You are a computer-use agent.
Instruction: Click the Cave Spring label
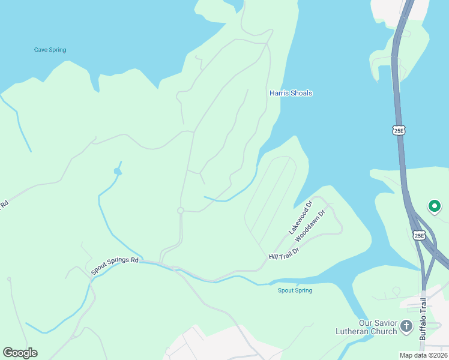[x=50, y=50]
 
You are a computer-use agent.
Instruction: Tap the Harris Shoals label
[x=291, y=93]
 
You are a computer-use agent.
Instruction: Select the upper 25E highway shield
[x=399, y=130]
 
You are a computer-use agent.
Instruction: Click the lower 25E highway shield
[x=419, y=235]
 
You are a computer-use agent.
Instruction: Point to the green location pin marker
[x=434, y=207]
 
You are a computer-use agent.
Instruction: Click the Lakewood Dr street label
[x=301, y=217]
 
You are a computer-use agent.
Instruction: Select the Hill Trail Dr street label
[x=284, y=253]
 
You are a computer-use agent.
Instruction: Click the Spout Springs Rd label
[x=115, y=266]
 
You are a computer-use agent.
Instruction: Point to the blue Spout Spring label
[x=295, y=290]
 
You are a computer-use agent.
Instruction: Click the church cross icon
[x=406, y=327]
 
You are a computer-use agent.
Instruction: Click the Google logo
[x=20, y=353]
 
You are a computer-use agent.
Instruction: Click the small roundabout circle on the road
[x=180, y=211]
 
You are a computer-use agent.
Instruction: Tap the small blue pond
[x=118, y=172]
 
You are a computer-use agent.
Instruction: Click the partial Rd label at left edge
[x=4, y=204]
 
